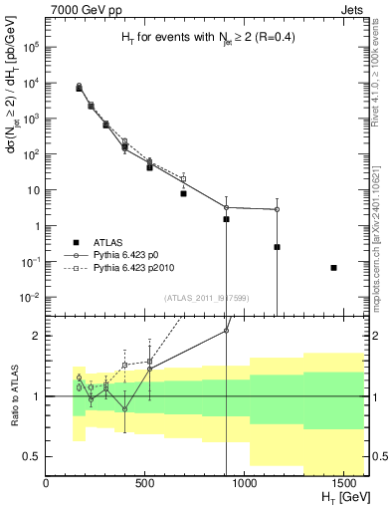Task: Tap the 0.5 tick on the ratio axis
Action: coord(33,456)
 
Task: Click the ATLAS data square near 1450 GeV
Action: coord(334,267)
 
